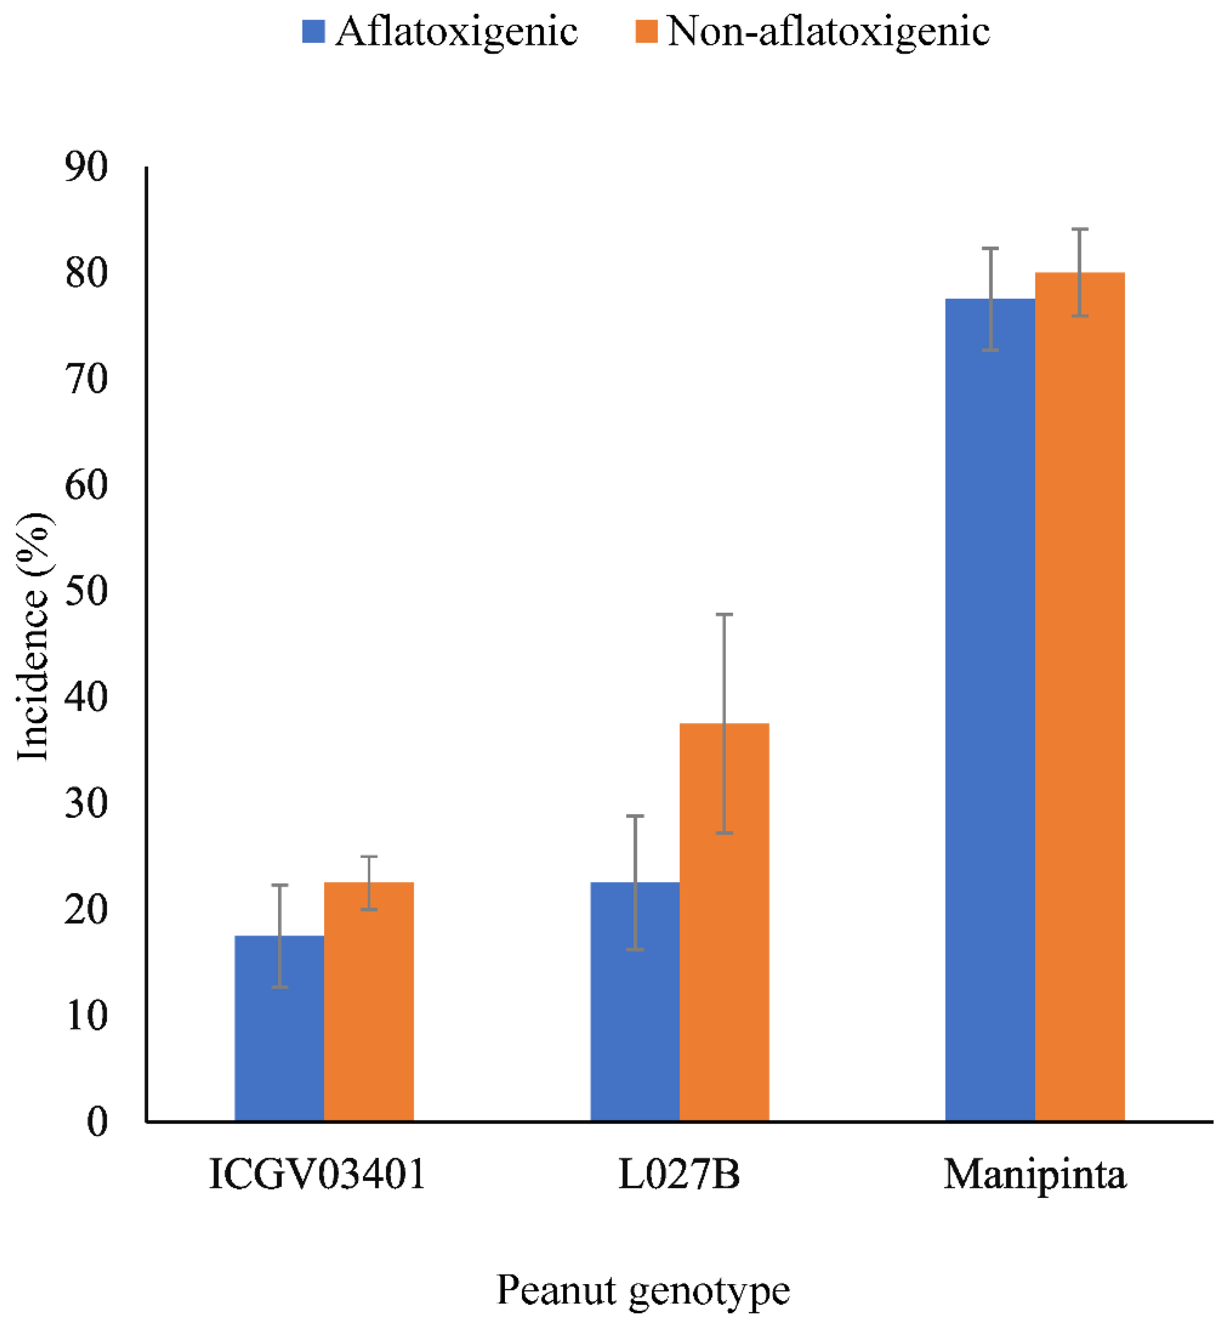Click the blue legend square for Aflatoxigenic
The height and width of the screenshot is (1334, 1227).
coord(313,31)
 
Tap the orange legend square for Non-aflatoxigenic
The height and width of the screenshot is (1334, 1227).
coord(646,31)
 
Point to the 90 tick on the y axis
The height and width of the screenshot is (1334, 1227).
coord(86,167)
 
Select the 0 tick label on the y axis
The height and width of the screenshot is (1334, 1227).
coord(97,1123)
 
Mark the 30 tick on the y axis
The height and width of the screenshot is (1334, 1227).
coord(86,804)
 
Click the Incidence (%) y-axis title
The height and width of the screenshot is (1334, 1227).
coord(33,638)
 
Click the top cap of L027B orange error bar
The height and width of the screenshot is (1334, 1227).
coord(724,615)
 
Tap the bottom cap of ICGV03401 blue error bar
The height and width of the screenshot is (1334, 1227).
coord(279,987)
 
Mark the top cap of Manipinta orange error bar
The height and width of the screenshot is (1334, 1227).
coord(1080,229)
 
